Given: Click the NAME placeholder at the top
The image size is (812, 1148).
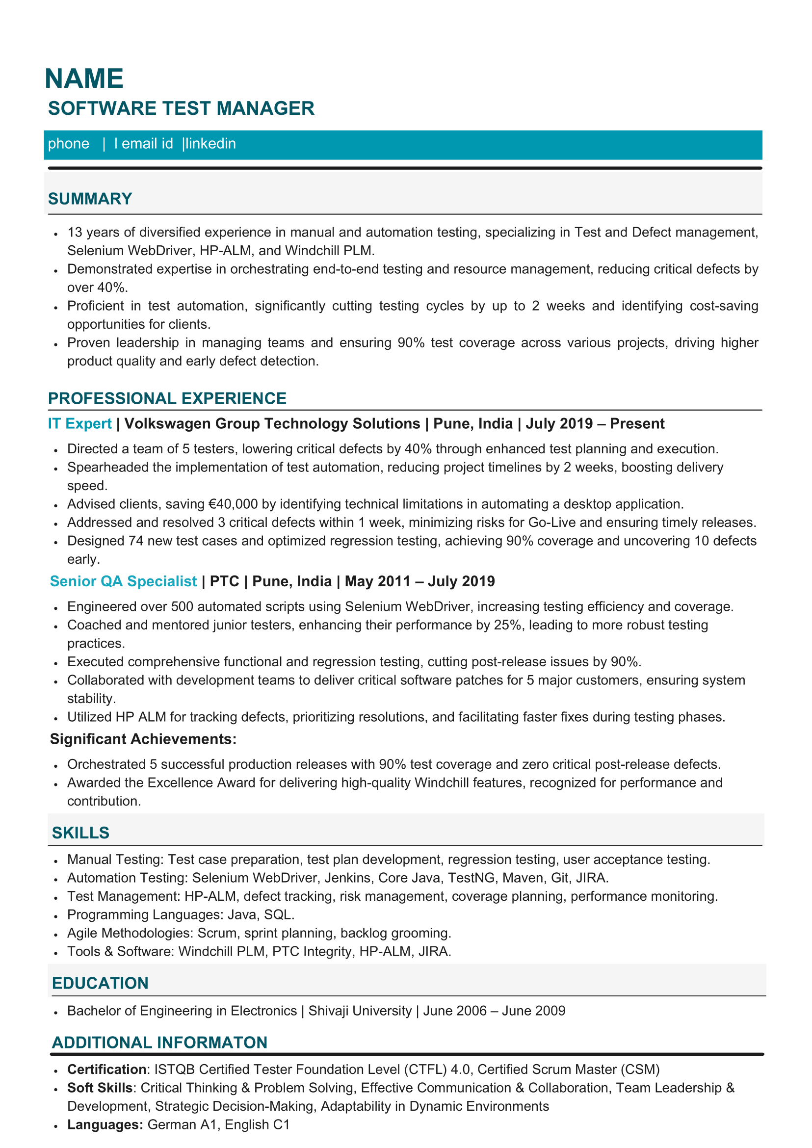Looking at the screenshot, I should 84,79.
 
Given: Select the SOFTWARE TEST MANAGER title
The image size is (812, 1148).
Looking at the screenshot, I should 181,108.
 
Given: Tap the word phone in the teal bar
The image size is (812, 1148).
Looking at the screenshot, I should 69,144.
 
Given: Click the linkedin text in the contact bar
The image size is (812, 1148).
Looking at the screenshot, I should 210,144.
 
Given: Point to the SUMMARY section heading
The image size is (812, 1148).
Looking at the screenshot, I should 90,199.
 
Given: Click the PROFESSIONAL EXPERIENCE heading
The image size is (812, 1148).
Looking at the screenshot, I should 167,398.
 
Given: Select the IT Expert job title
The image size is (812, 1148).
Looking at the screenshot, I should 79,424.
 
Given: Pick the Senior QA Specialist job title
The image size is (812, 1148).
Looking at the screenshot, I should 123,581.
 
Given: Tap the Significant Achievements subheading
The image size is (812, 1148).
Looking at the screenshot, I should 143,739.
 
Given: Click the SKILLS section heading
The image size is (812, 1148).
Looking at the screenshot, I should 80,833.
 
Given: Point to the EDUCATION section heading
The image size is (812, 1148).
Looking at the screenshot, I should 100,984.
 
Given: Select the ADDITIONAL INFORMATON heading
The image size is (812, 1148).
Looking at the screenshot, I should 159,1043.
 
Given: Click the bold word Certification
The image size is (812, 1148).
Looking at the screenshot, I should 106,1070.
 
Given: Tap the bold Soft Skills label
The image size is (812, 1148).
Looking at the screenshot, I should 100,1088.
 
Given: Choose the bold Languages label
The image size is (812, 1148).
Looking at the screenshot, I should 105,1125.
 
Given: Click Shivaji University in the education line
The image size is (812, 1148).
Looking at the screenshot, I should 360,1011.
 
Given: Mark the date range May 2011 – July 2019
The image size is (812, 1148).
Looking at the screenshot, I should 419,581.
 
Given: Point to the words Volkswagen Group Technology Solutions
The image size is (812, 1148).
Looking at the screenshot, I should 272,424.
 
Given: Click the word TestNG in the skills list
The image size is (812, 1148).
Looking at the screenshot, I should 471,878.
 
